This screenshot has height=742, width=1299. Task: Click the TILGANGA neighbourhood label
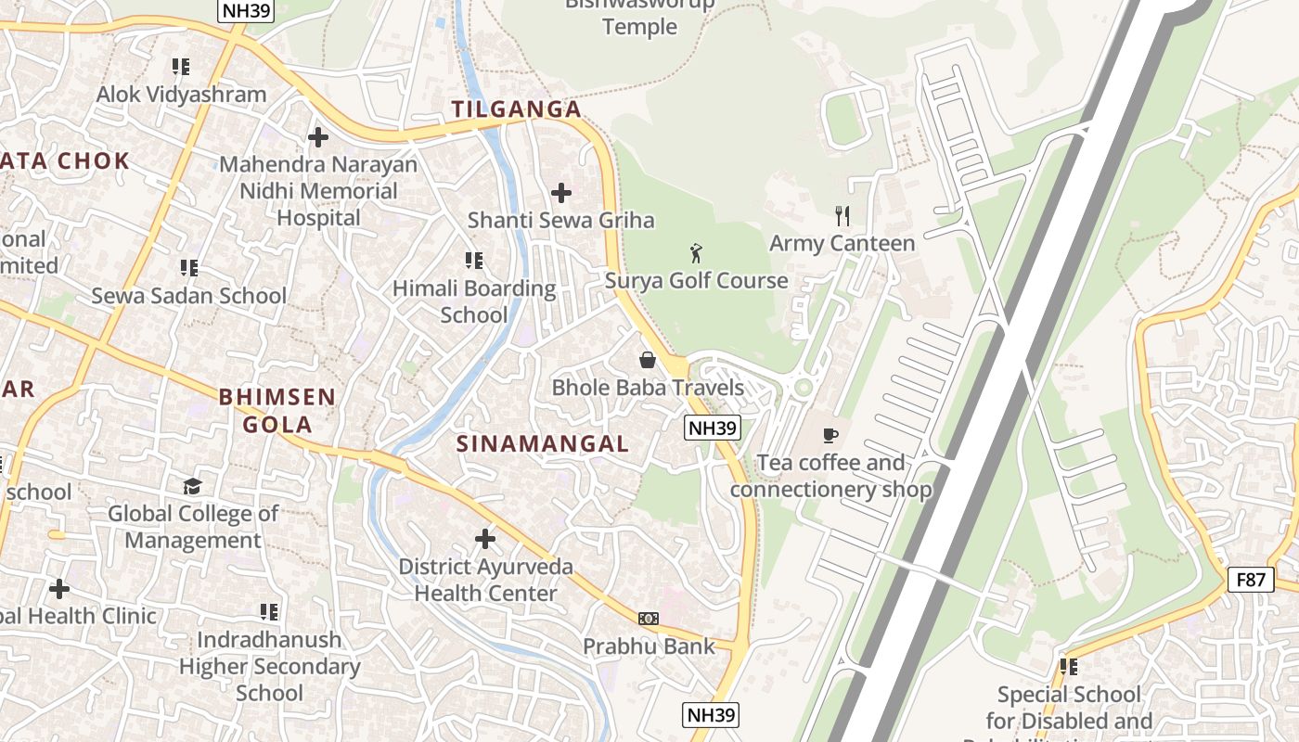pos(517,109)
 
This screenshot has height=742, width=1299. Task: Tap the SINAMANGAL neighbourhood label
pos(543,443)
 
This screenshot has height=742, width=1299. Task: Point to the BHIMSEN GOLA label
pos(277,411)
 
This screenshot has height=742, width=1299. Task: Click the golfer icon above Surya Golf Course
pos(696,251)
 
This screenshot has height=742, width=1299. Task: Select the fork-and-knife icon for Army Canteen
pos(842,216)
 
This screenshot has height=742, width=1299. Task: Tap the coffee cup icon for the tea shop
pos(830,434)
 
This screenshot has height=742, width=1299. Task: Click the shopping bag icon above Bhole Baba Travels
pos(648,360)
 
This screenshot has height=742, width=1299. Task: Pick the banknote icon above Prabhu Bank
pos(649,619)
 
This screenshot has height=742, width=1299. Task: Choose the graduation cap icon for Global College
pos(192,486)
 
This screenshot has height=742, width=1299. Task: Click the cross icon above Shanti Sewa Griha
pos(561,193)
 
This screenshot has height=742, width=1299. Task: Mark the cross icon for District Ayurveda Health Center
pos(484,538)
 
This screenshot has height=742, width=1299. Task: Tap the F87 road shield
pos(1250,580)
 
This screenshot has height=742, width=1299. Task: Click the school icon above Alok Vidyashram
pos(181,67)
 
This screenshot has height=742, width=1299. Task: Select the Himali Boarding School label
pos(474,301)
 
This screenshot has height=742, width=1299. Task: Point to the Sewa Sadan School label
pos(189,296)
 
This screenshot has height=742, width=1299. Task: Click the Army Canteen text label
pos(842,243)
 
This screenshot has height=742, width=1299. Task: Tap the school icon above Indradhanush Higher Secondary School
pos(269,612)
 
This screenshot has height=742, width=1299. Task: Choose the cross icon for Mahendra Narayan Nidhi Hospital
pos(318,137)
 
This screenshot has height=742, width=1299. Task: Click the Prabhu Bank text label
pos(649,646)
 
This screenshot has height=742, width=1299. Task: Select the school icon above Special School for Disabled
pos(1069,666)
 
